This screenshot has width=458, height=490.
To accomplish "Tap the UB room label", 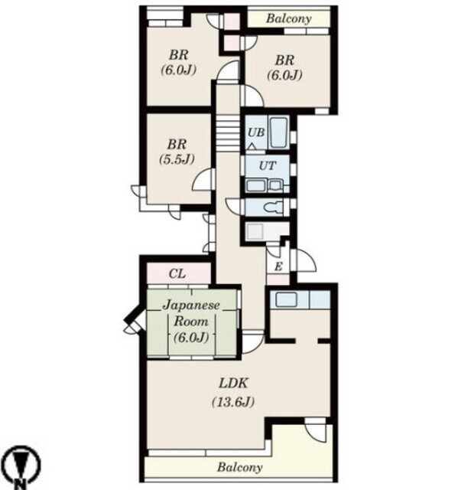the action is pos(256,132).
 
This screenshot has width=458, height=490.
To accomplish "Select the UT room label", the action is pos(268,165).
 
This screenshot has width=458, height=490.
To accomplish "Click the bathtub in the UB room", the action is pos(278,132).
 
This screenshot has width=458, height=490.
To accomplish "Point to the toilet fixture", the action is pos(274,207).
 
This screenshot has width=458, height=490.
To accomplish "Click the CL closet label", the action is pos(177,274).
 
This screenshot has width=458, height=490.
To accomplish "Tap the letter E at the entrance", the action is pos(278,266).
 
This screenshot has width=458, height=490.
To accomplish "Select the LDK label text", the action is pos(233,383).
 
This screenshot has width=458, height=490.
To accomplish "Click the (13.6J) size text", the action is pos(233,402).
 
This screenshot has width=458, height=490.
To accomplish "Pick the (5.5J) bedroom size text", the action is pos(177,160).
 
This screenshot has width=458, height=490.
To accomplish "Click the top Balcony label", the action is pos(288,18).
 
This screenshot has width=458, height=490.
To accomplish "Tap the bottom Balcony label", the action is pos(239,468).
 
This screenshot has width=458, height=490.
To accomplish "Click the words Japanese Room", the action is pos(191,313).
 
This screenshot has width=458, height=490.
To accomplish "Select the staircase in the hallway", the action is pos(228,133).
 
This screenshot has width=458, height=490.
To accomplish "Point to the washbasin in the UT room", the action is pos(255,186).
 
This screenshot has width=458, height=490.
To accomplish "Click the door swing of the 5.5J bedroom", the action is pos(203,179).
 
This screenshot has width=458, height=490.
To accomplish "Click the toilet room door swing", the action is pos(235,206).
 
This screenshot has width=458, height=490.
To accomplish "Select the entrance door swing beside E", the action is pos(305,261).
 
